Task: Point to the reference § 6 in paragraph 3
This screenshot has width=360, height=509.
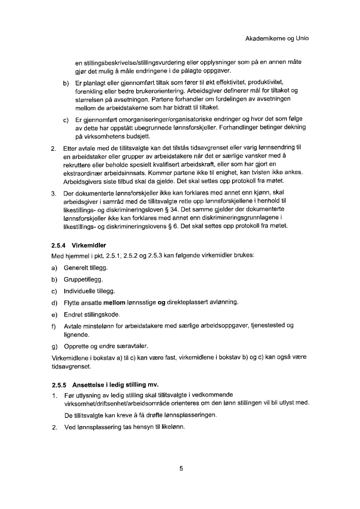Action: click(x=207, y=226)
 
